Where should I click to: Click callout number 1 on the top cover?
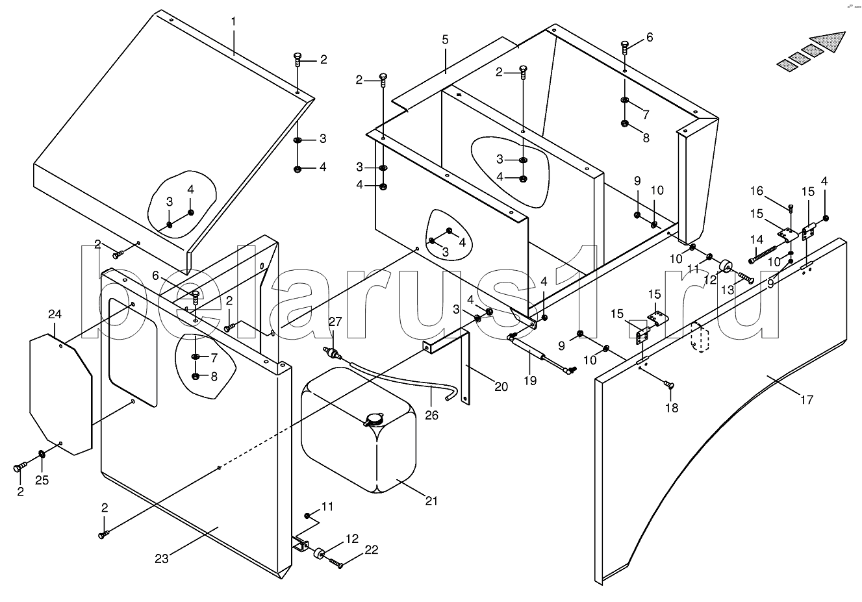point(233,22)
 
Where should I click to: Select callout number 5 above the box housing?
point(445,40)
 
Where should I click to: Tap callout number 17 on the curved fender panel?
point(807,400)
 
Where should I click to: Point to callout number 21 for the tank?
point(431,501)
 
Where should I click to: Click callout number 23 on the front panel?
point(162,559)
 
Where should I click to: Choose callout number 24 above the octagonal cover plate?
point(55,314)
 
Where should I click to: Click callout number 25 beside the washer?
point(42,480)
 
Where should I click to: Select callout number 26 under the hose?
point(432,416)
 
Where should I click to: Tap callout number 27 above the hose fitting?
point(335,321)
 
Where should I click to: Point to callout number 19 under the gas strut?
point(530,381)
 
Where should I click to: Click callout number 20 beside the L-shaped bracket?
point(501,386)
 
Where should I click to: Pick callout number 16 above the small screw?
point(757,191)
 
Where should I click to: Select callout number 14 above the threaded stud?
point(757,240)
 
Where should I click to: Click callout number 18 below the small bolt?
point(672,408)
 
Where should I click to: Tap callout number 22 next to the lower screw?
point(372,550)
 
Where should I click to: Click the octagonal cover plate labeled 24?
point(61,395)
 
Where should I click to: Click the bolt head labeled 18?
point(668,384)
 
